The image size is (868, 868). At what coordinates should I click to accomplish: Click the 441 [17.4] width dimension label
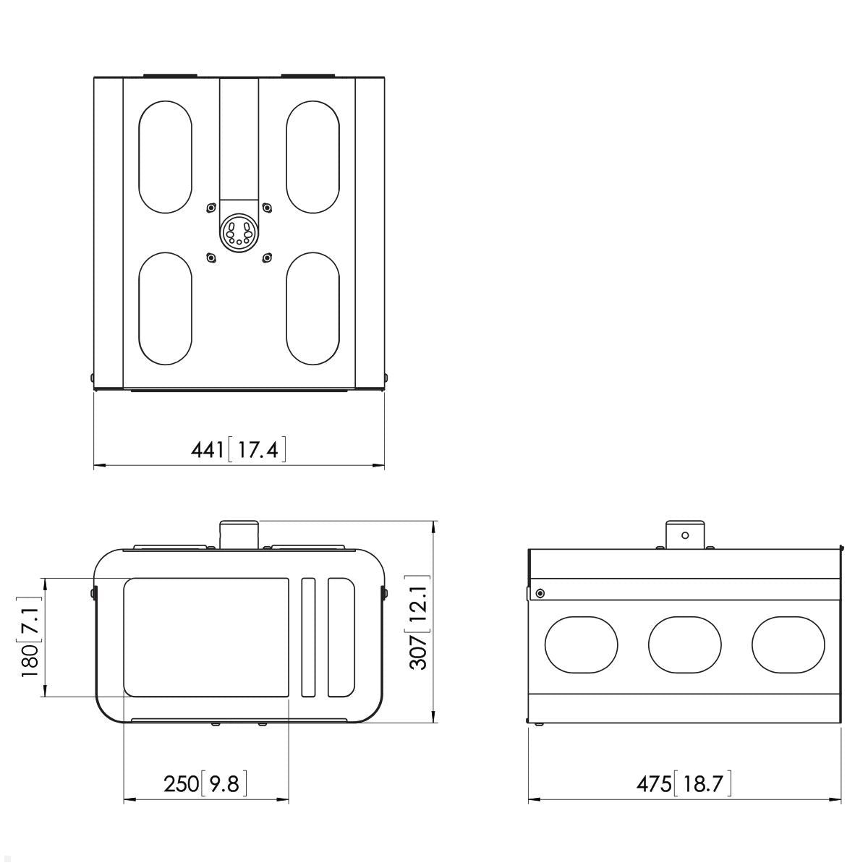(238, 449)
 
